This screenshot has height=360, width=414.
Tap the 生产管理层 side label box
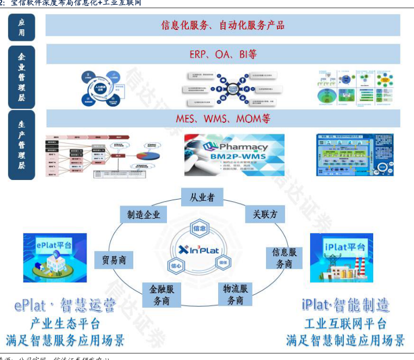(22, 145)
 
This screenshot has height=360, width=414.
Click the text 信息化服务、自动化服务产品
(223, 25)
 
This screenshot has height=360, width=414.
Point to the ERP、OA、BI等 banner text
(223, 54)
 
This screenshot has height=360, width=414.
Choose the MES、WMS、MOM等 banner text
(223, 118)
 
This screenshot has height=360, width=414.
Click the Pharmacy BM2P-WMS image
(234, 154)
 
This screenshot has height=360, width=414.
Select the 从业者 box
(202, 197)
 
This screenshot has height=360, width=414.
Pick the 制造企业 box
(144, 215)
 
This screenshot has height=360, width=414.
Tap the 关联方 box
(265, 214)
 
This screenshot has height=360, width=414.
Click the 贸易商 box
(114, 260)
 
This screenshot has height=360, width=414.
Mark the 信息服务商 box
(284, 258)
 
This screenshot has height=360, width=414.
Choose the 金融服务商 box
(162, 295)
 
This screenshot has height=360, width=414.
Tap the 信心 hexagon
(176, 266)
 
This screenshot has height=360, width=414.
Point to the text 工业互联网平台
(345, 324)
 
